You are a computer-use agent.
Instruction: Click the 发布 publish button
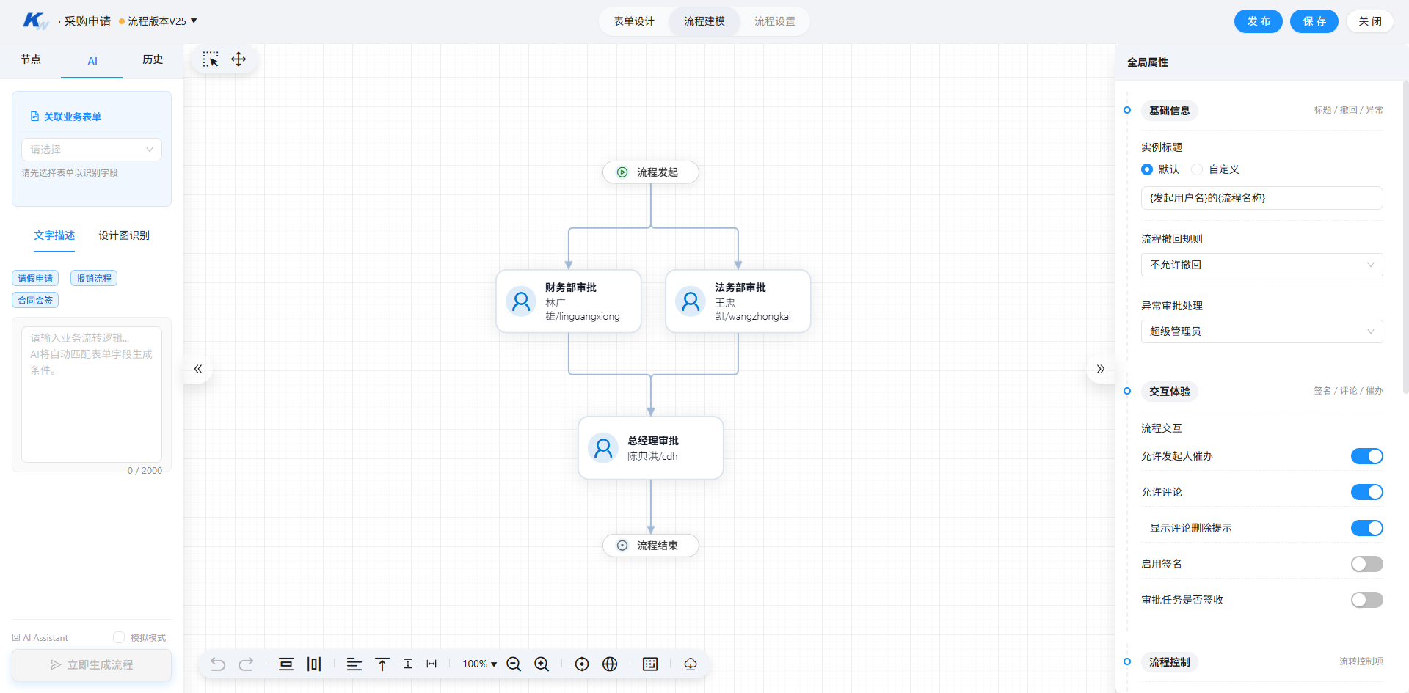click(x=1258, y=21)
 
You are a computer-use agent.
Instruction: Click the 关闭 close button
click(x=1369, y=21)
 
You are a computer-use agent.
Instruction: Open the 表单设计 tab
click(x=634, y=21)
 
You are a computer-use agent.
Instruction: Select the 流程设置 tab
click(x=774, y=21)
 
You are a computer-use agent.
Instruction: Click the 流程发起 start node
click(x=650, y=172)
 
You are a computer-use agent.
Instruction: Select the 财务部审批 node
click(x=569, y=301)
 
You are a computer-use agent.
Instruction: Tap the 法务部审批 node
click(x=738, y=301)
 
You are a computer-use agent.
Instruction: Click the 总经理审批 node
click(x=650, y=448)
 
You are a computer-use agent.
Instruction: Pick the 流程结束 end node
click(x=650, y=546)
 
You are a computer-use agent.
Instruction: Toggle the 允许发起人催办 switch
click(x=1366, y=456)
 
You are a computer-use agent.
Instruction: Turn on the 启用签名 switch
click(x=1366, y=564)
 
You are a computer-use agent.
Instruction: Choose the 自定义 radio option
click(x=1197, y=169)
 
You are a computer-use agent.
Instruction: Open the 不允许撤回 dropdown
click(x=1261, y=265)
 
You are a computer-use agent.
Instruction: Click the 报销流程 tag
click(x=94, y=278)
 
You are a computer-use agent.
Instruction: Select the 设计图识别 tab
click(x=124, y=235)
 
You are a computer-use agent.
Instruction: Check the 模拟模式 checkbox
click(x=119, y=637)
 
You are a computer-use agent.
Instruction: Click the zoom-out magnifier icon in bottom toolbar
click(x=514, y=664)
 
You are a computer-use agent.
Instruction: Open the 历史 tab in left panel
click(x=153, y=59)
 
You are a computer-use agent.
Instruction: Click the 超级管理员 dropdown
click(x=1261, y=331)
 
